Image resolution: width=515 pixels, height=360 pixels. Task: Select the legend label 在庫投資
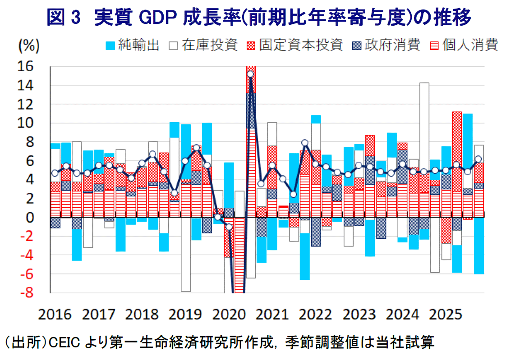[210, 46]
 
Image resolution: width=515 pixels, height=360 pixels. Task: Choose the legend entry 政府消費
[393, 46]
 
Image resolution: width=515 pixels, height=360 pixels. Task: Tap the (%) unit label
[29, 45]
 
